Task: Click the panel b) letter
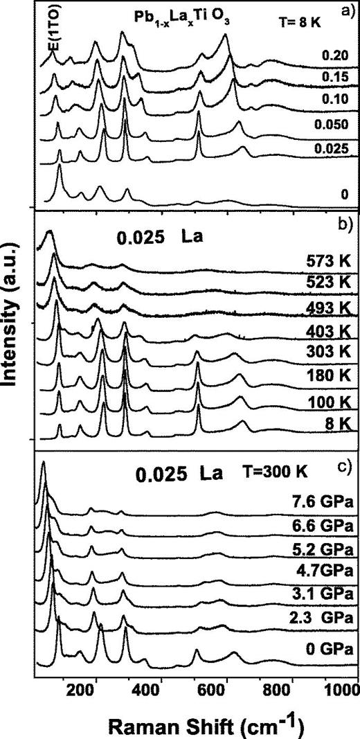(x=343, y=223)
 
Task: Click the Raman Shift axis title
(x=197, y=722)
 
